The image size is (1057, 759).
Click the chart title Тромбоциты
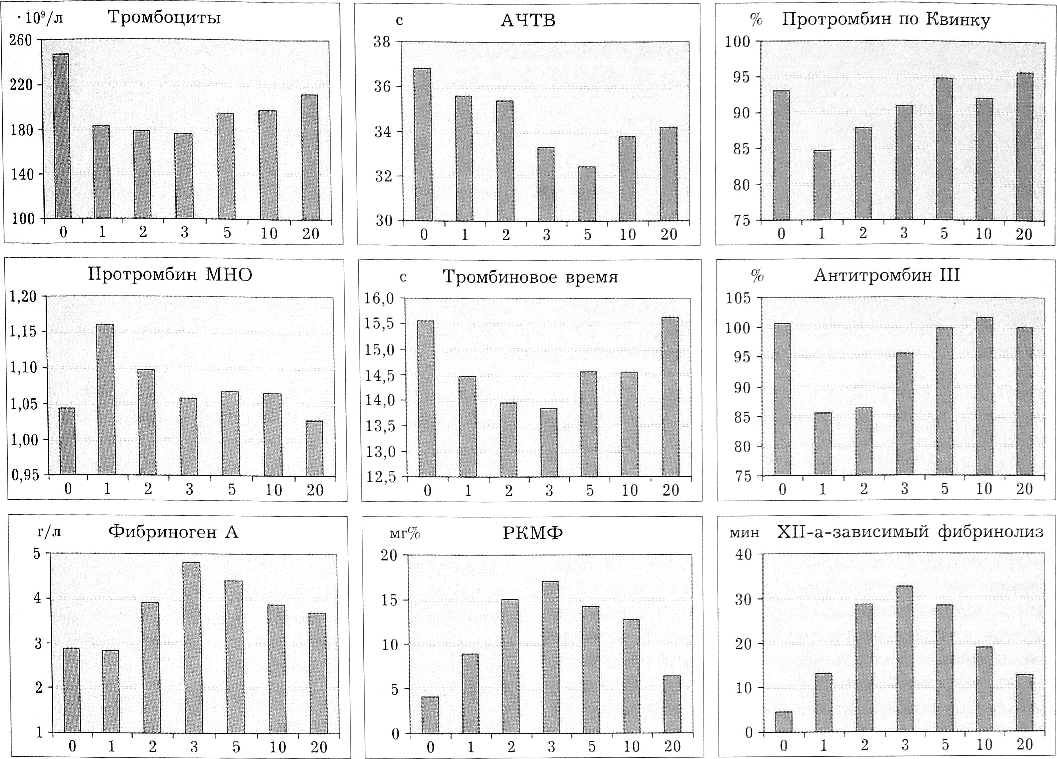[x=164, y=18]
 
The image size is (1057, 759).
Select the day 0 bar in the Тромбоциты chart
[x=61, y=136]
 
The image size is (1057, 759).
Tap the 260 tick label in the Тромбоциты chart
[x=21, y=40]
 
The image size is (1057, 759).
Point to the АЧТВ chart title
[x=528, y=21]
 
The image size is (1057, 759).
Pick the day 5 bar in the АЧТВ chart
[x=587, y=194]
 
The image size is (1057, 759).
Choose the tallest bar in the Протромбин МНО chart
[x=107, y=400]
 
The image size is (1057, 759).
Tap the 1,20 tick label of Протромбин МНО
[x=23, y=297]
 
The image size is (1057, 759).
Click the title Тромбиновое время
[x=530, y=277]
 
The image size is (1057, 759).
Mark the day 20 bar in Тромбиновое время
[x=670, y=397]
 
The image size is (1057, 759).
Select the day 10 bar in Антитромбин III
[x=984, y=397]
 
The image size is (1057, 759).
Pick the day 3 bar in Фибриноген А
[x=194, y=648]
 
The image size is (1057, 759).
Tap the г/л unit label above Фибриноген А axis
[x=49, y=532]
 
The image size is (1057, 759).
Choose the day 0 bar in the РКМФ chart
[x=430, y=715]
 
